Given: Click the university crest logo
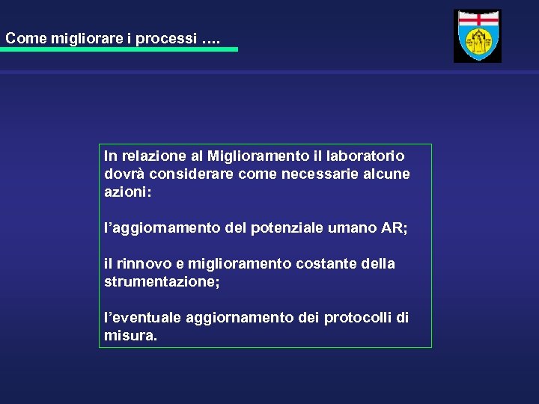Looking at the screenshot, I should (478, 36).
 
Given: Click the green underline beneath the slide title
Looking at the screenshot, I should (120, 49).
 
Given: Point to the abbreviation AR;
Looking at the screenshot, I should (395, 228).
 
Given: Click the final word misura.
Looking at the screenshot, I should (130, 336).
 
